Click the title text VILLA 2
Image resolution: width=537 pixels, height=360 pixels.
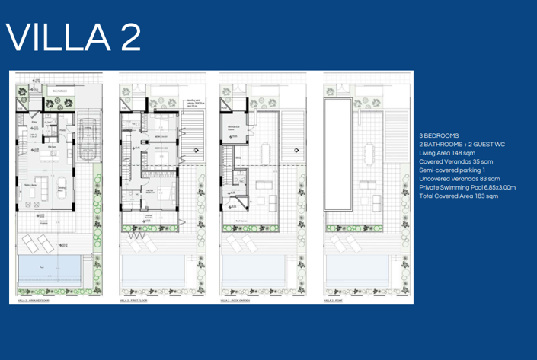pos(74,38)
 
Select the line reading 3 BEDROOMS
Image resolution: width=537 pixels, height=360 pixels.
pos(440,135)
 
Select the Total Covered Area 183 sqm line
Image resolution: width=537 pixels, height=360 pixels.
pos(459,196)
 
